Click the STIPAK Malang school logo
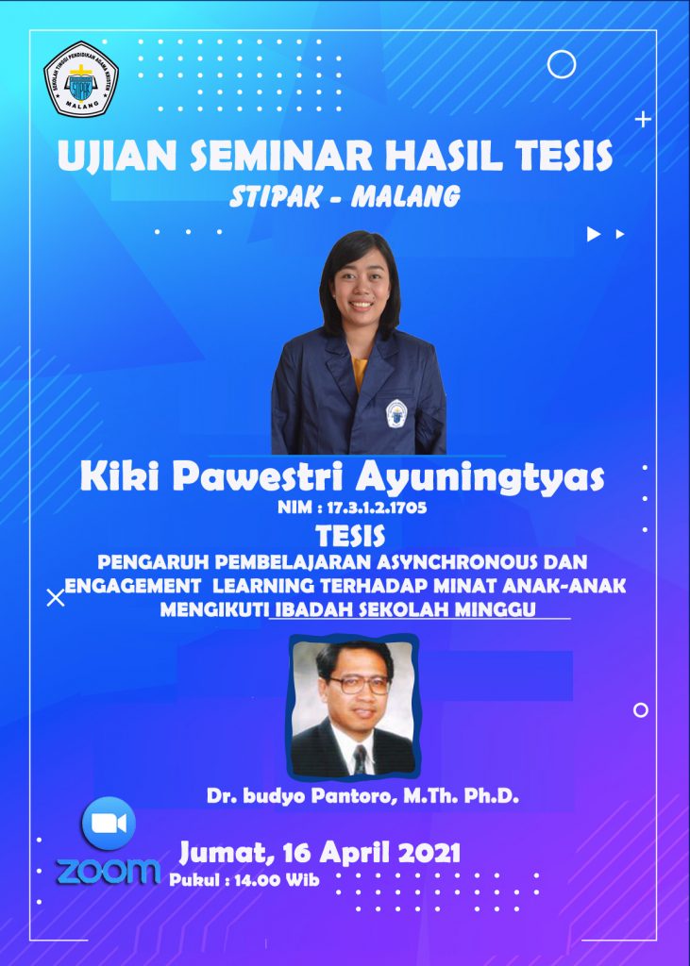pyautogui.click(x=81, y=79)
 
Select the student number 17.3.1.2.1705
pyautogui.click(x=378, y=508)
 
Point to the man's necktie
pyautogui.click(x=361, y=759)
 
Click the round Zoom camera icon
pyautogui.click(x=109, y=824)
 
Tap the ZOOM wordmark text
pyautogui.click(x=109, y=871)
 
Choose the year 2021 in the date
pyautogui.click(x=429, y=853)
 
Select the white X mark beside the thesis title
pyautogui.click(x=56, y=597)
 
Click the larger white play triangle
pyautogui.click(x=593, y=234)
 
